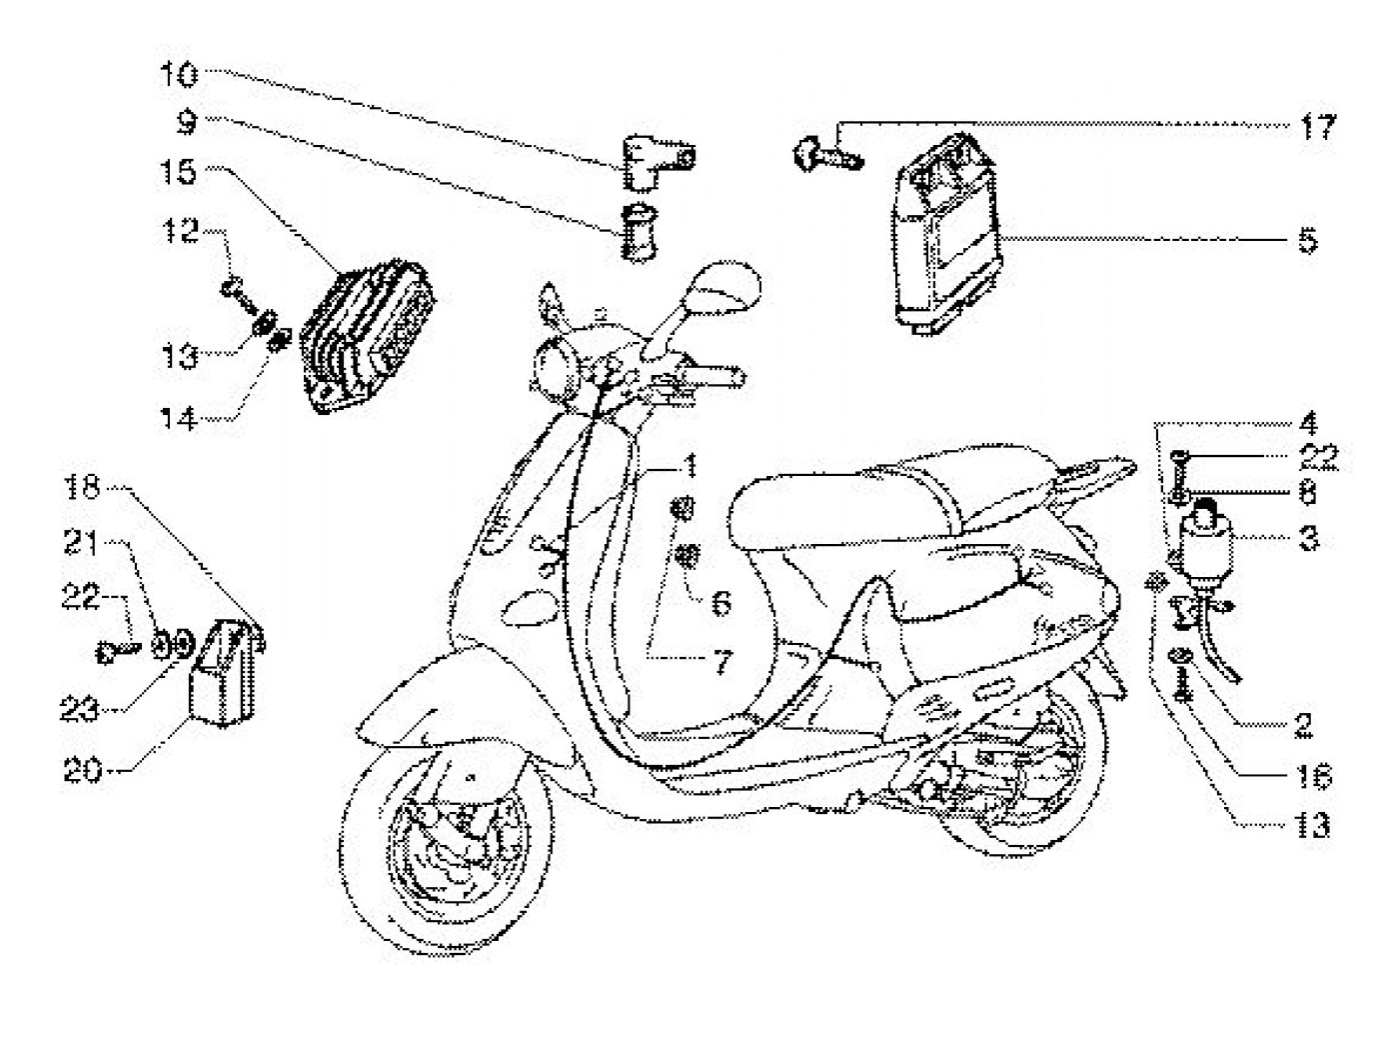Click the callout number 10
tap(182, 76)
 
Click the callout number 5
tap(1307, 241)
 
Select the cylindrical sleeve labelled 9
tap(636, 231)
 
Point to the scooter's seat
tap(849, 500)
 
